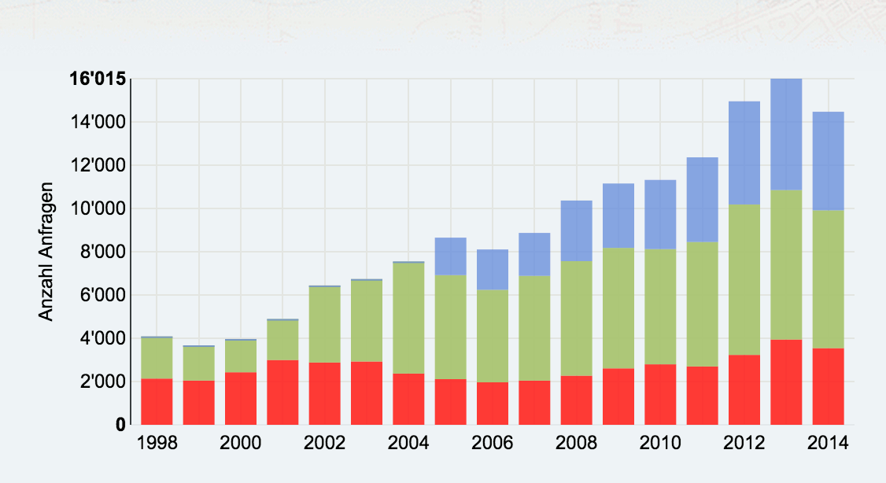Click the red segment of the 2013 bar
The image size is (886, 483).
point(786,382)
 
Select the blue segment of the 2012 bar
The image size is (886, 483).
point(744,153)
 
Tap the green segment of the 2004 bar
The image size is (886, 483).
point(408,318)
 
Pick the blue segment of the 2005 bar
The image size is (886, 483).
point(451,256)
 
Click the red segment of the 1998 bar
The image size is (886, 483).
point(157,401)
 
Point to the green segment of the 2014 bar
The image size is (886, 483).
point(828,278)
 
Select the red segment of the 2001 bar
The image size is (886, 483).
point(282,392)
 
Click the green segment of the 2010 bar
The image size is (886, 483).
point(660,307)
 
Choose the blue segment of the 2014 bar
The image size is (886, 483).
point(828,160)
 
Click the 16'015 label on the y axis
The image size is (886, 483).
point(98,79)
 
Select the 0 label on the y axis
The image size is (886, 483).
point(120,426)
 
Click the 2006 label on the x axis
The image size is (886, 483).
point(493,443)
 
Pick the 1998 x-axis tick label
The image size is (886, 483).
point(157,443)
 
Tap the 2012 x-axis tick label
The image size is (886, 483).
point(744,443)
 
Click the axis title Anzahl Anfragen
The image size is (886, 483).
point(46,252)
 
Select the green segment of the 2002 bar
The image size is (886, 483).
point(324,324)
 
